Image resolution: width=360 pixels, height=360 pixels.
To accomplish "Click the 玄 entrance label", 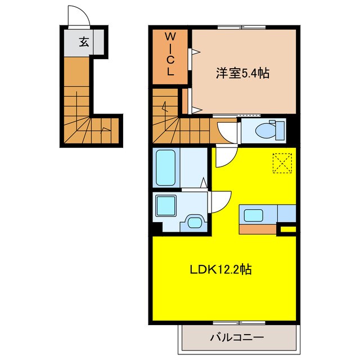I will coord(83,41).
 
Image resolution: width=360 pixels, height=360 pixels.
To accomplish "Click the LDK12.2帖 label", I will coord(219,269).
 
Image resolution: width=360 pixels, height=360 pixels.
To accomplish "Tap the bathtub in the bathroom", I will coord(166,167).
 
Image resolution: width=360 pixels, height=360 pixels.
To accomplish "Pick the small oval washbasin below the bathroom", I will coord(195,222).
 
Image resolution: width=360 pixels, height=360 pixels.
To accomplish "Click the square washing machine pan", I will coord(166,206).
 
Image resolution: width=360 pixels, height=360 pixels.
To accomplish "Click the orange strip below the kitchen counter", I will coord(259,229).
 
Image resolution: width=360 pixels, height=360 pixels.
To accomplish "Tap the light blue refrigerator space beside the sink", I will coord(287,214).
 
